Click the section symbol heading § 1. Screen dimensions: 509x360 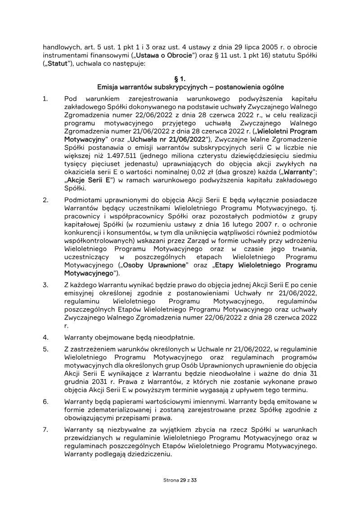click(180, 78)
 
